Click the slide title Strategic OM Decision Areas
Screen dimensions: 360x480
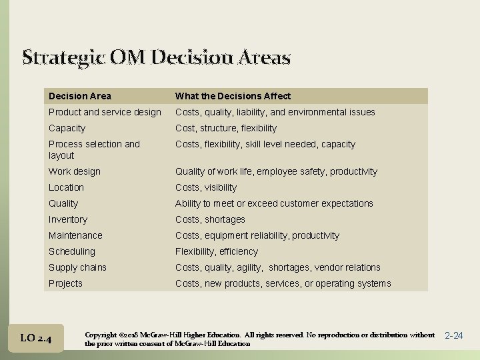click(156, 57)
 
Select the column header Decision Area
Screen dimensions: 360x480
click(80, 96)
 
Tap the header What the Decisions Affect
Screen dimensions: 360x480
click(233, 96)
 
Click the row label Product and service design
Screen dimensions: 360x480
click(105, 112)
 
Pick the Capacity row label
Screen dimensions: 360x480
click(67, 128)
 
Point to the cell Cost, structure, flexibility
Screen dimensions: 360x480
click(225, 128)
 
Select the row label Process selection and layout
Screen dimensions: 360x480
click(94, 149)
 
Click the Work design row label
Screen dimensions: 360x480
click(75, 171)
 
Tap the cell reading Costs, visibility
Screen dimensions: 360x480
click(205, 187)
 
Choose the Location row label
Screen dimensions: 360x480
click(66, 187)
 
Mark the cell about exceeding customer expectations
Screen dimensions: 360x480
click(274, 203)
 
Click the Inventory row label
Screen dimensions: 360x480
click(67, 219)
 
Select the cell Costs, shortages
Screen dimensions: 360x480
click(210, 219)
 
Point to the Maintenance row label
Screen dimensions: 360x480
click(75, 235)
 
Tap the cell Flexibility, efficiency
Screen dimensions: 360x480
click(216, 251)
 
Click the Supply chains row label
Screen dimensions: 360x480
click(77, 267)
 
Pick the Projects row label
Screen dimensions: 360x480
click(65, 283)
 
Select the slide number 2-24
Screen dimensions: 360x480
click(453, 335)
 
